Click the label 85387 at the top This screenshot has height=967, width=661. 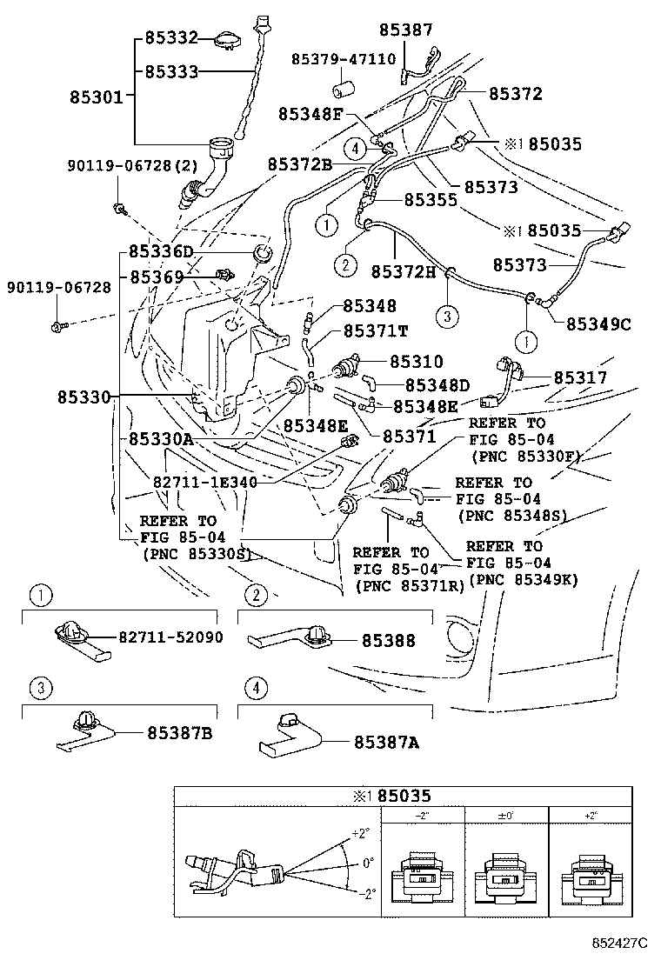tap(405, 30)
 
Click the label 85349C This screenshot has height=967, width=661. tap(598, 323)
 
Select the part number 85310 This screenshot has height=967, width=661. tap(416, 361)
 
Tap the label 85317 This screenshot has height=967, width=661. tap(580, 377)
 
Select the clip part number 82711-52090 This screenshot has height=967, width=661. tap(170, 637)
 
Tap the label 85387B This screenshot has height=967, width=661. tap(177, 733)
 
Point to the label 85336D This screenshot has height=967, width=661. tap(161, 251)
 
